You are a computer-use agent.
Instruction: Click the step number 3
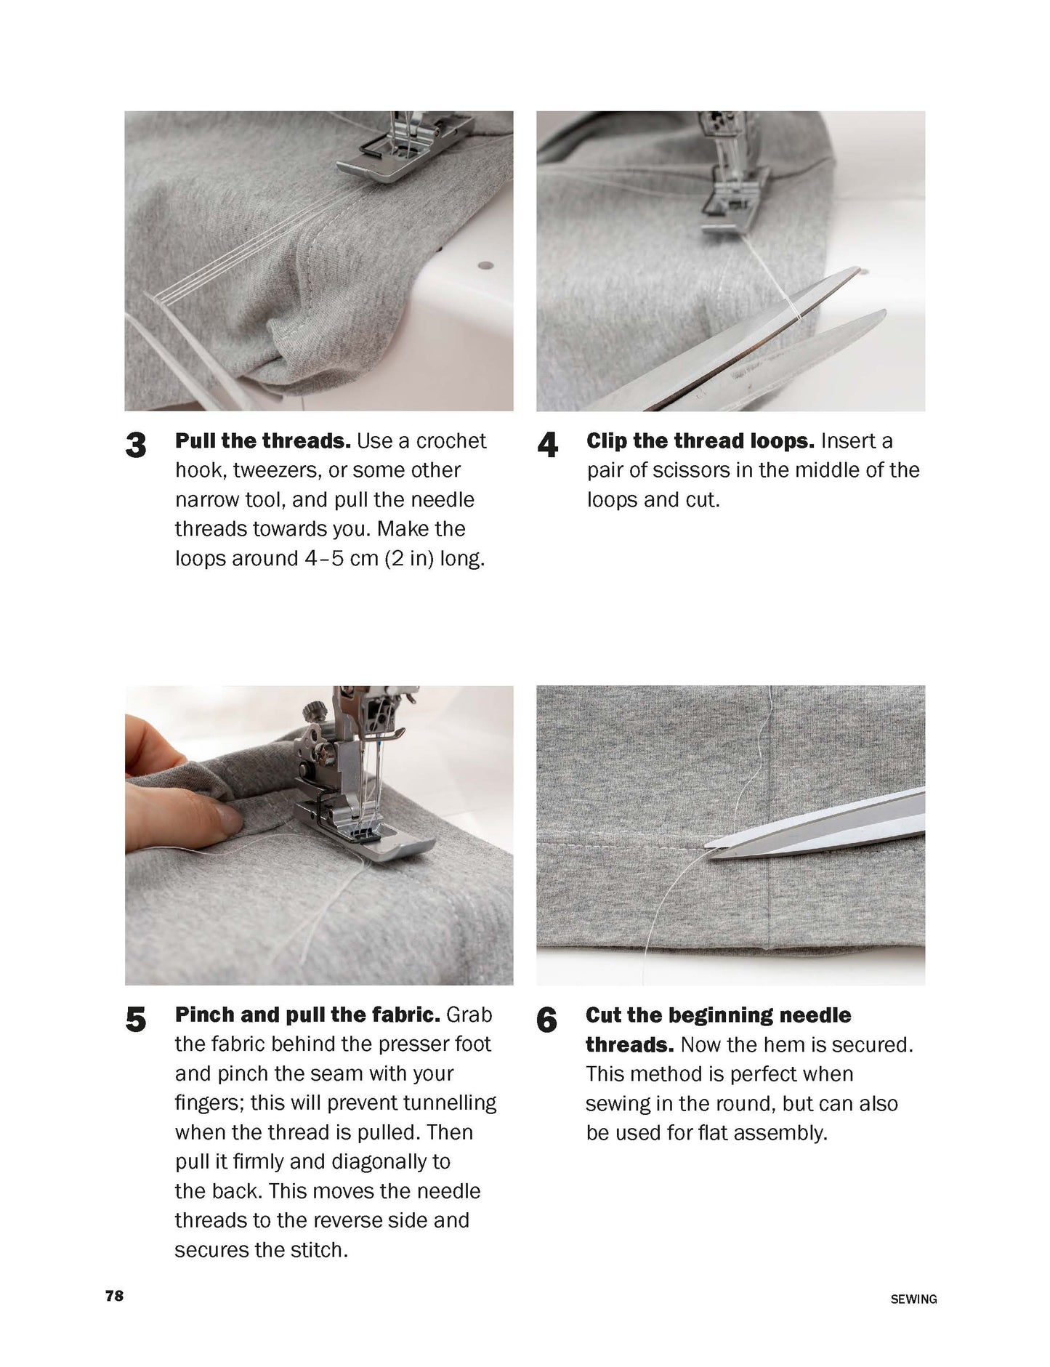pos(136,445)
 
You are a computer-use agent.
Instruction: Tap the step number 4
pos(547,445)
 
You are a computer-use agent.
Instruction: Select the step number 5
pos(136,1020)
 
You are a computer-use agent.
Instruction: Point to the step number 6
pos(546,1020)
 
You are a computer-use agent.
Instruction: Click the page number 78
pos(115,1296)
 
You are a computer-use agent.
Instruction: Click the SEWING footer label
pos(913,1299)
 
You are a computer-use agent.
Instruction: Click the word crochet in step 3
pos(451,441)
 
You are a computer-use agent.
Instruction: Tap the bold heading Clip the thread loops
pos(700,441)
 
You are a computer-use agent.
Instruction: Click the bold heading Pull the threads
pos(263,441)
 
